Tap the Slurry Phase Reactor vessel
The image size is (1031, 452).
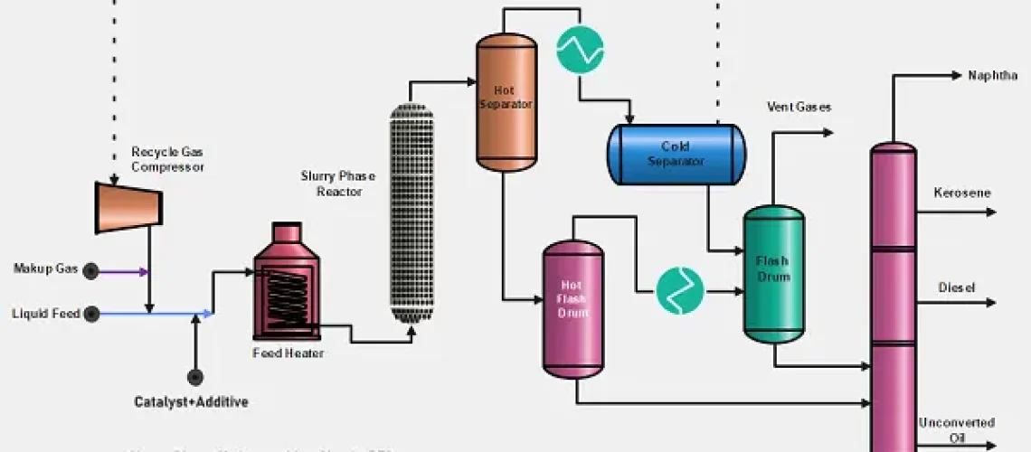click(x=411, y=213)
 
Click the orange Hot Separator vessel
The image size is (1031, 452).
click(x=506, y=101)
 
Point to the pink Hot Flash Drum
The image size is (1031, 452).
click(x=572, y=308)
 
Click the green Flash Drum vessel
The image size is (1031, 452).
click(x=773, y=274)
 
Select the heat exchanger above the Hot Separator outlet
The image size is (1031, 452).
click(x=580, y=49)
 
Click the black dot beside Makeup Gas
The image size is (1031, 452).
click(x=90, y=270)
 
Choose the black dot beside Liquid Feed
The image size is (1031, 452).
click(x=90, y=314)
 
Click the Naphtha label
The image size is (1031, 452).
click(x=992, y=76)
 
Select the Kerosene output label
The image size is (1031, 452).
click(x=961, y=193)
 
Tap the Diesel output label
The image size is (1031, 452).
click(x=956, y=287)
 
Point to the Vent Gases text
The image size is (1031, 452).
click(x=799, y=108)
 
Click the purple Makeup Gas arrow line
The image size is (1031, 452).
click(x=122, y=270)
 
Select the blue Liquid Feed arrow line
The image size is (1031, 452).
click(x=154, y=314)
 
